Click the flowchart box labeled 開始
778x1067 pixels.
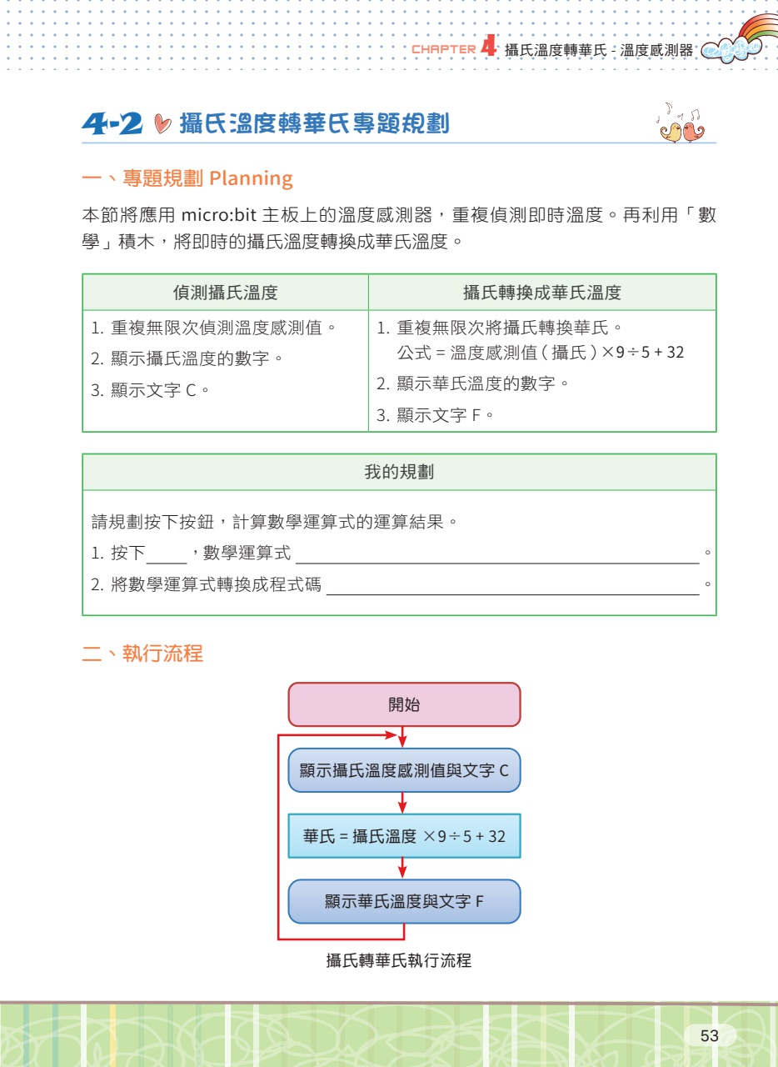point(404,704)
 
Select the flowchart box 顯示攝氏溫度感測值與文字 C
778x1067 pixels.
point(404,770)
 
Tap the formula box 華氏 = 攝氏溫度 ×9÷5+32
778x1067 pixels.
point(404,836)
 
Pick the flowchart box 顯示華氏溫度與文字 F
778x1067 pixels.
point(404,901)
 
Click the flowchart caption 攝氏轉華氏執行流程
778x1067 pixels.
point(399,960)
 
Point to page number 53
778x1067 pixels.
point(710,1035)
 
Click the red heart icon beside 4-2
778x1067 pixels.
point(162,124)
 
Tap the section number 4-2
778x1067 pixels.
point(112,123)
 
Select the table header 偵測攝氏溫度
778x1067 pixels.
point(225,293)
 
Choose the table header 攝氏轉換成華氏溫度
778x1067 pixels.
point(542,293)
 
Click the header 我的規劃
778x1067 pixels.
point(399,472)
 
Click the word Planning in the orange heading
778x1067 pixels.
point(251,178)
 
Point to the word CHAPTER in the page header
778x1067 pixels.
point(444,49)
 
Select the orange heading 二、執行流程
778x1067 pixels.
point(142,654)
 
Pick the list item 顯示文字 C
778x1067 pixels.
point(150,391)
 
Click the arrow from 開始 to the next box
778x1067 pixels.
point(402,737)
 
